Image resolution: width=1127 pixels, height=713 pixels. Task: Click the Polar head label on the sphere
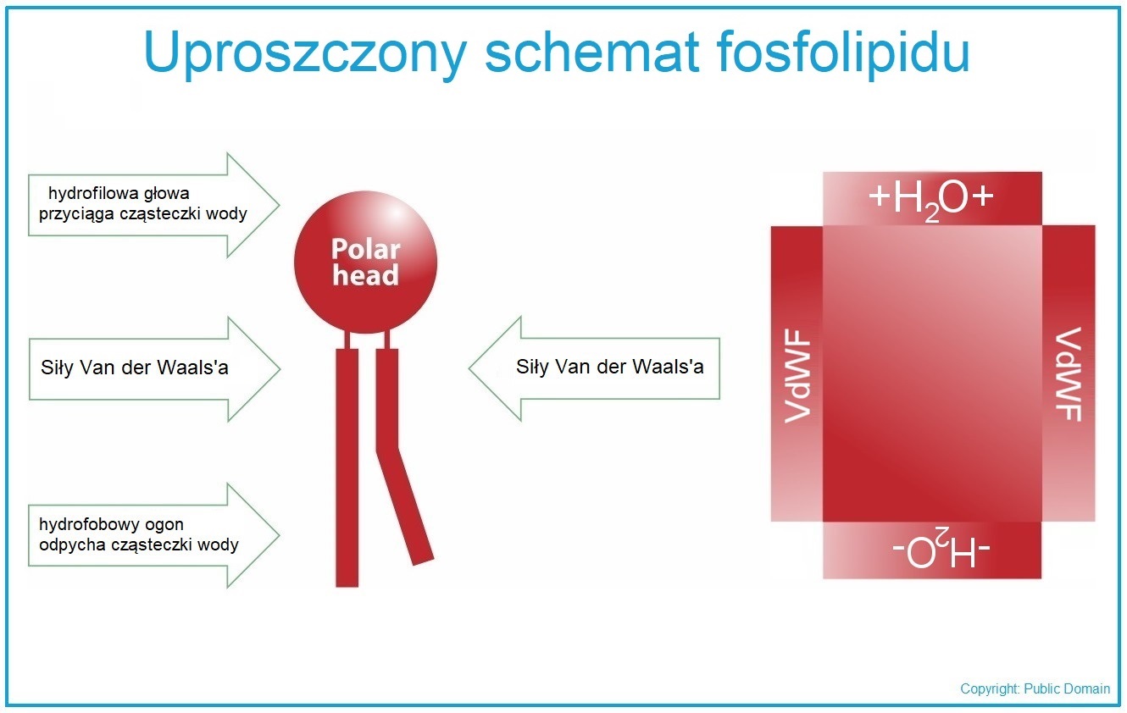[366, 263]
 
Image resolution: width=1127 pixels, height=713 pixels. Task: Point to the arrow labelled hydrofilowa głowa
[153, 205]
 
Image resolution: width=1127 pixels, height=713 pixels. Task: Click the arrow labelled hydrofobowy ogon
[153, 535]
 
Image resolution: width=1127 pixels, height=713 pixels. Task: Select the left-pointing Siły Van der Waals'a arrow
[594, 368]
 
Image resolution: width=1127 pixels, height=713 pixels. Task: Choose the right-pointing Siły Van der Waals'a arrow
[154, 369]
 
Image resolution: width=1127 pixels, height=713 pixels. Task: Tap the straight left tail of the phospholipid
[347, 467]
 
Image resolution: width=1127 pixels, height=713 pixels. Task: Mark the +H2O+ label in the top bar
[931, 200]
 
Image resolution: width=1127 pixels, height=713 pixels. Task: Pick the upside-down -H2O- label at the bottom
[941, 549]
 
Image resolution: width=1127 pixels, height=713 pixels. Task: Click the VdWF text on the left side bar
[798, 376]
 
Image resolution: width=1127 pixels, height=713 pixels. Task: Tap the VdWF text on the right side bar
[1068, 374]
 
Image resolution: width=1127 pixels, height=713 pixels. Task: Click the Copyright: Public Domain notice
[1035, 688]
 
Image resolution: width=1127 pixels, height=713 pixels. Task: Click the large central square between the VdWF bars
[932, 373]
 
